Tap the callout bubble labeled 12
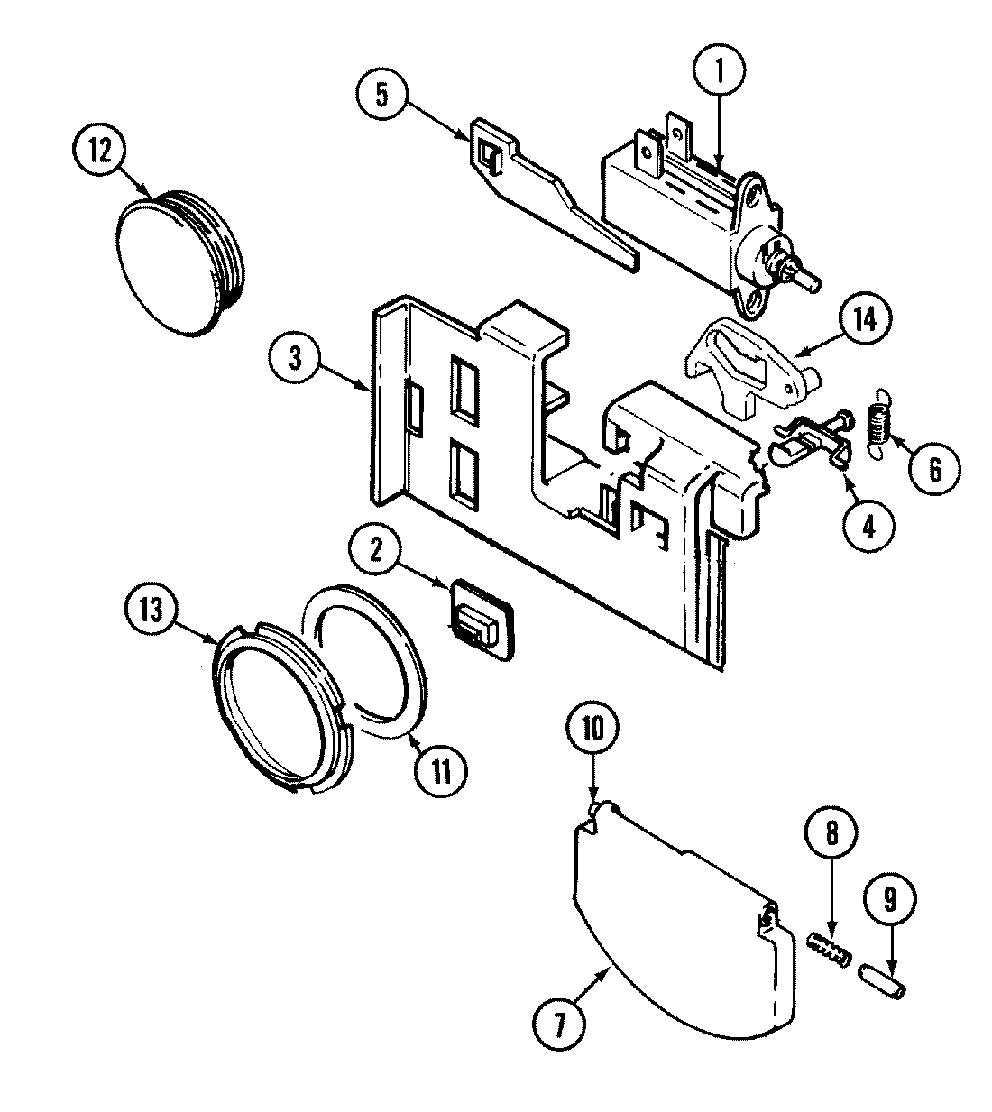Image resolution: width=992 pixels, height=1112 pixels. point(99,152)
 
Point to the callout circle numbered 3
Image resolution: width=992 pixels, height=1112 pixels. point(295,357)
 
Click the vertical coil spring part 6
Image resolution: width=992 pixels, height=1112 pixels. point(878,423)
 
